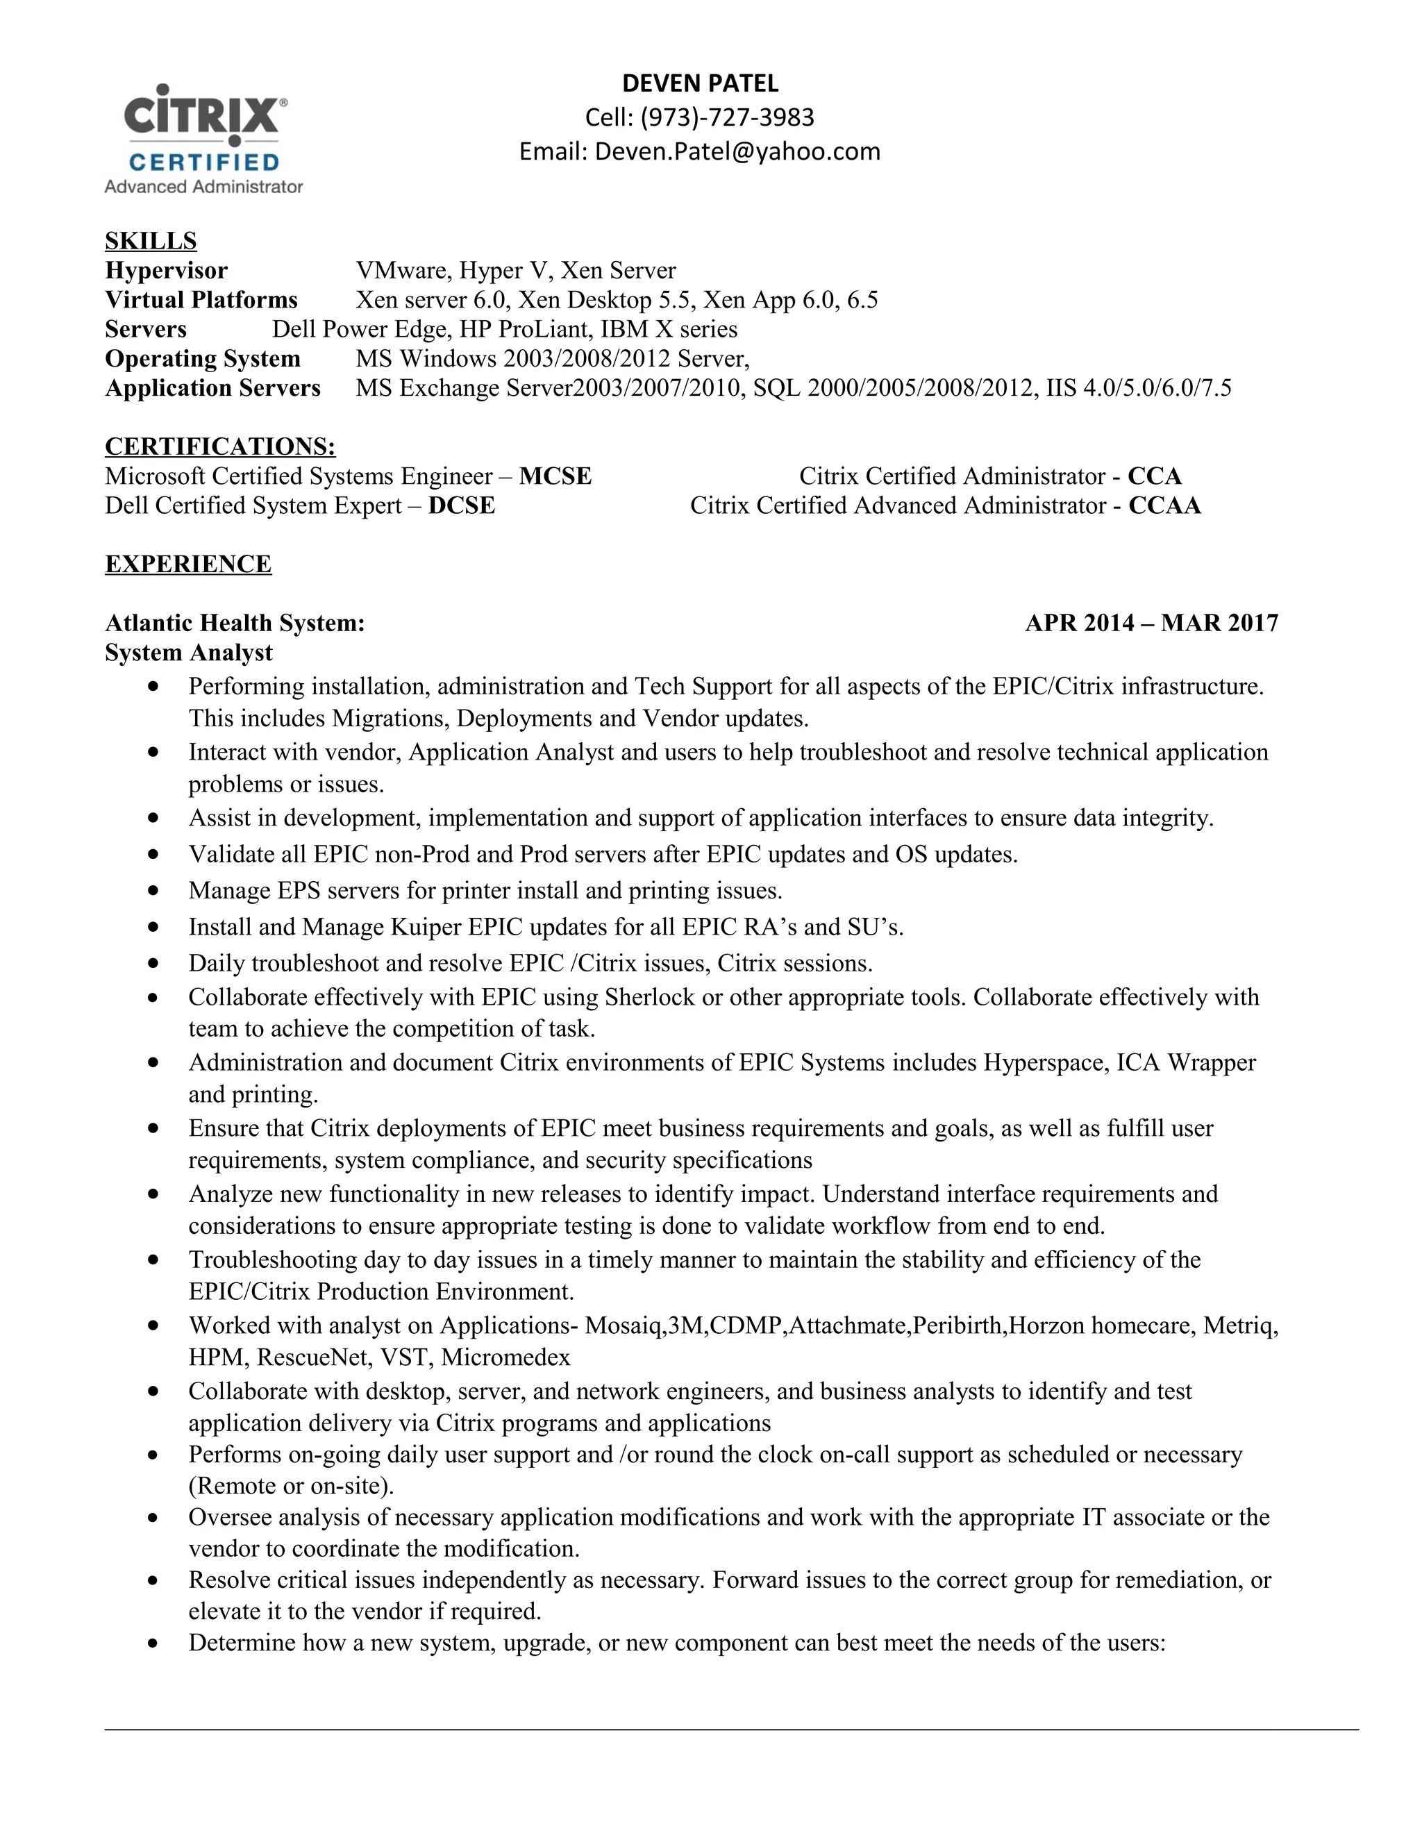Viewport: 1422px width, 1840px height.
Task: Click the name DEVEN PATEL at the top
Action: (x=700, y=83)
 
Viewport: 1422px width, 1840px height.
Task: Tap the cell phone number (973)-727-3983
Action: (x=727, y=117)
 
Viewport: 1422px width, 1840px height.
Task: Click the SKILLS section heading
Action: (x=151, y=241)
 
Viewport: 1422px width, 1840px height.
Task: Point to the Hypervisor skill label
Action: (x=166, y=270)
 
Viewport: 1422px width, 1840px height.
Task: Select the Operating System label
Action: (x=202, y=359)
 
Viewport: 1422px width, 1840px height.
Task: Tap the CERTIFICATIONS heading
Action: (x=220, y=446)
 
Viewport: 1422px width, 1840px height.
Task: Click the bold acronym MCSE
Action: (x=555, y=476)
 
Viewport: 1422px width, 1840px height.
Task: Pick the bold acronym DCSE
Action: (x=461, y=505)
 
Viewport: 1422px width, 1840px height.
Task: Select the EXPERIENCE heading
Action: (x=188, y=564)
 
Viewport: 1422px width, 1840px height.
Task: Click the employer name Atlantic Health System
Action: (x=234, y=624)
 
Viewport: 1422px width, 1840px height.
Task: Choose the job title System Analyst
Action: (x=189, y=653)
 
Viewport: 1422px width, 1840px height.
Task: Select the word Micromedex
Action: (x=505, y=1357)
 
